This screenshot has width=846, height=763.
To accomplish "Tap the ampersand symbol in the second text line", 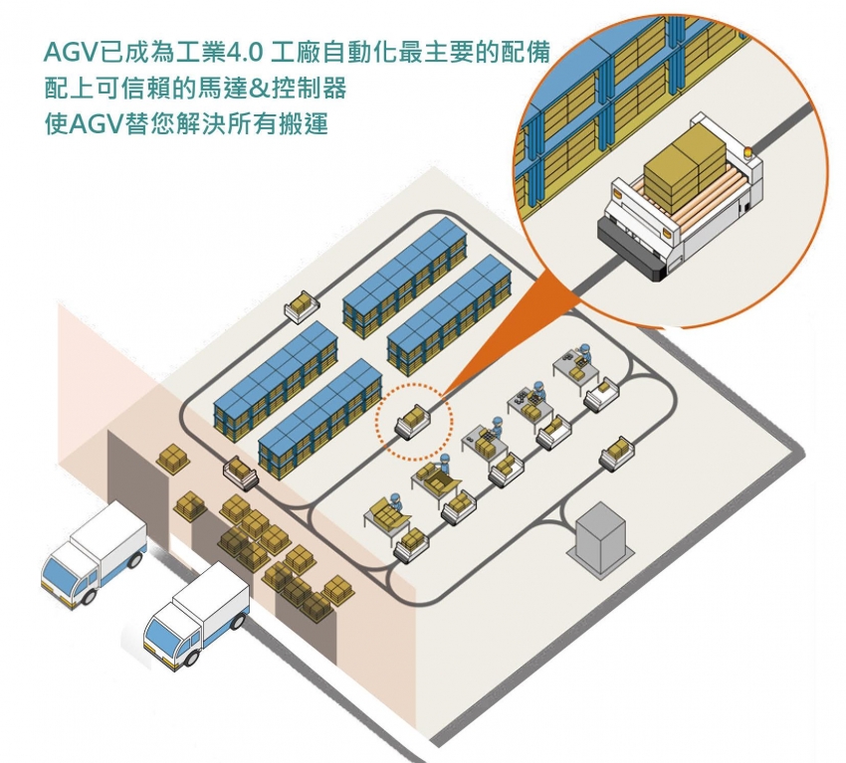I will click(x=271, y=89).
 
